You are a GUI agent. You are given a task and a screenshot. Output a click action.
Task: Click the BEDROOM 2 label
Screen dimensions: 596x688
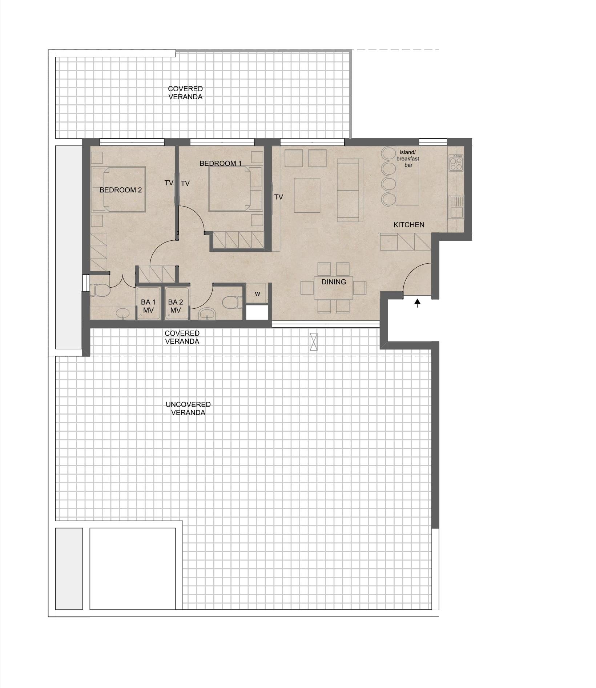point(121,190)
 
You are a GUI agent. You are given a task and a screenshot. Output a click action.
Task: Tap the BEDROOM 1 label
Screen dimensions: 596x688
point(221,163)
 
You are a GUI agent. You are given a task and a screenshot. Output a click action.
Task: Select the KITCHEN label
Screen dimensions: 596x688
point(409,225)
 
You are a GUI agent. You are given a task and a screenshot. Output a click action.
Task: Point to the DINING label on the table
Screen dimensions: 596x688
point(334,282)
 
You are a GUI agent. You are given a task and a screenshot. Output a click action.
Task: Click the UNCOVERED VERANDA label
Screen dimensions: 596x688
point(188,408)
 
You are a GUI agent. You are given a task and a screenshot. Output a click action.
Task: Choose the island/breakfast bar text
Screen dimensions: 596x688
point(408,159)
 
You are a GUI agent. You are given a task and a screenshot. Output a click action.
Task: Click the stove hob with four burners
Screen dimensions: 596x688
point(456,163)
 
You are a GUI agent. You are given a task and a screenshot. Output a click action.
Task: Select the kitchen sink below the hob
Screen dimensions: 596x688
point(456,207)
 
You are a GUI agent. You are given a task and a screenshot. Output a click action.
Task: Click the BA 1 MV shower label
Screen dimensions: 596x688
point(148,306)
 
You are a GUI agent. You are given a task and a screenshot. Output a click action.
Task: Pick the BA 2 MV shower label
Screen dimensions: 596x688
point(176,306)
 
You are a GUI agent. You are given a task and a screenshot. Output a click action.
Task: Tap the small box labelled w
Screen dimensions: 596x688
point(257,294)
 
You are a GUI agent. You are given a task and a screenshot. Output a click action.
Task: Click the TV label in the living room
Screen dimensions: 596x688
point(279,197)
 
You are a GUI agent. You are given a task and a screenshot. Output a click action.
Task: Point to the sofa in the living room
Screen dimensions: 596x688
point(350,190)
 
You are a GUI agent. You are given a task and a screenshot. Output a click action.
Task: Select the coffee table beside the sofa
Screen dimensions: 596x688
point(307,195)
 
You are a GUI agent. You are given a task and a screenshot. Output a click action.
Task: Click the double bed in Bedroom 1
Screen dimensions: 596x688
point(235,189)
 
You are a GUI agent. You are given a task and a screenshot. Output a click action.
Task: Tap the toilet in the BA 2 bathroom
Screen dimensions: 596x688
point(232,302)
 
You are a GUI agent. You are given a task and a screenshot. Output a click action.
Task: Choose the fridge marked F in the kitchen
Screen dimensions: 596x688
point(388,241)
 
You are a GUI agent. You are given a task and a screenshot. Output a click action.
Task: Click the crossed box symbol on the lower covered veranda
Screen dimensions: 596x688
point(314,342)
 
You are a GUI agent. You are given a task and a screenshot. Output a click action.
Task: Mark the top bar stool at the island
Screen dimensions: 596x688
point(388,153)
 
